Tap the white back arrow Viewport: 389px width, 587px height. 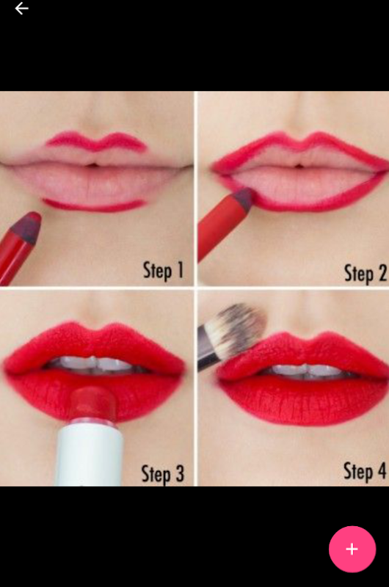pos(21,8)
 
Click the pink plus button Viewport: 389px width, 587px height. pos(352,549)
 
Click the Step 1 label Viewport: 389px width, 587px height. pos(163,270)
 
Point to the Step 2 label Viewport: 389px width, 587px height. pos(365,273)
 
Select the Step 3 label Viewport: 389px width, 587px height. pos(162,473)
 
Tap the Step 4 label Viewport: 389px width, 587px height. pos(365,471)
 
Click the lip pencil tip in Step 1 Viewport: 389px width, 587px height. pos(27,225)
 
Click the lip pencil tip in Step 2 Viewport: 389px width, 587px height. pos(244,197)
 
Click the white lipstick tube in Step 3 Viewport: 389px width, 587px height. pos(90,453)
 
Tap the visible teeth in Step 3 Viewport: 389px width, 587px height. pos(94,364)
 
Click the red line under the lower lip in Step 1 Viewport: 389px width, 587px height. pos(95,205)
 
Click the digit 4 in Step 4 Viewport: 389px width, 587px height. pos(382,470)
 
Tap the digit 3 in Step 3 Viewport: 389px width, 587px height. pos(179,473)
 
